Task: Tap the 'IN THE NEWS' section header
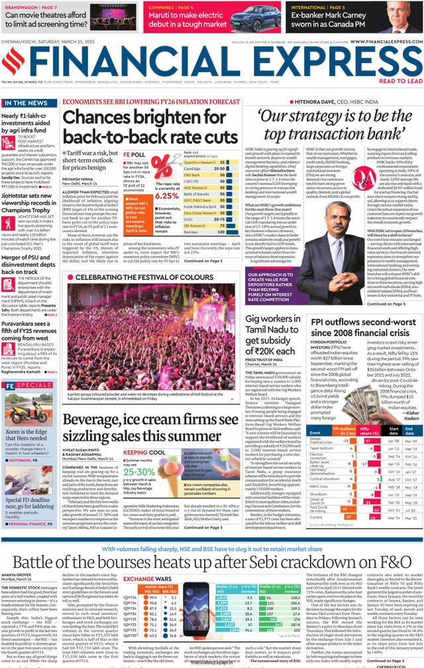[26, 103]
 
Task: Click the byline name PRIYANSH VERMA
[79, 178]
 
